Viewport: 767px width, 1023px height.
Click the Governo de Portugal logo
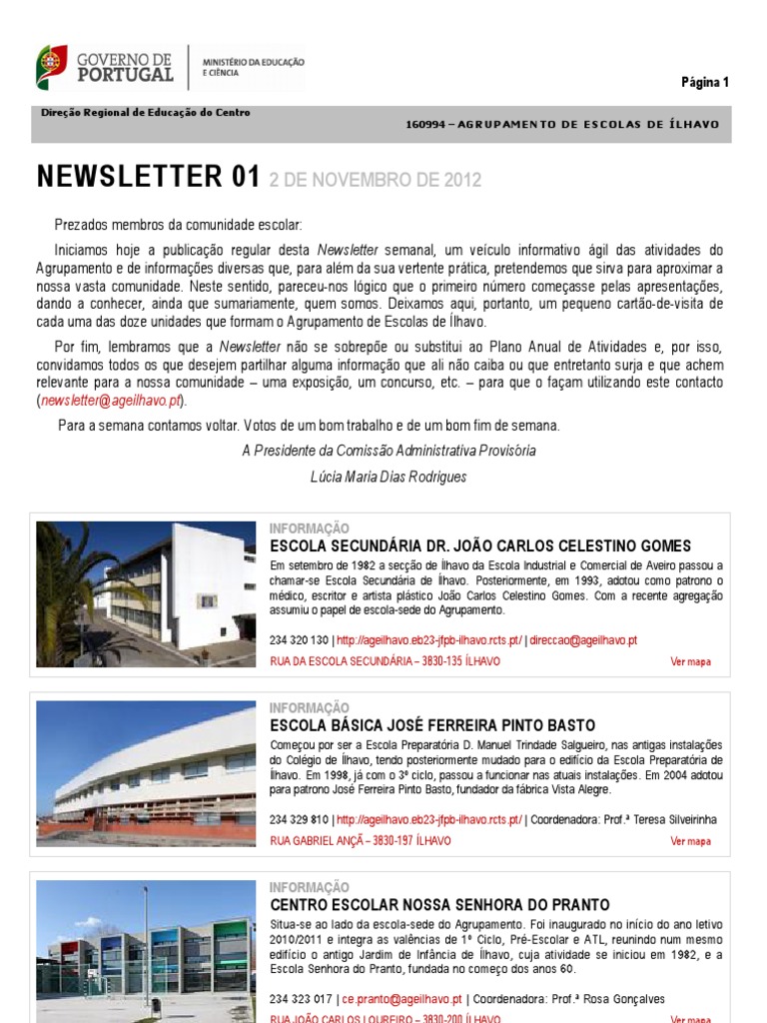(x=105, y=67)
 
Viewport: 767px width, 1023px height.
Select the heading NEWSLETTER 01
(x=148, y=178)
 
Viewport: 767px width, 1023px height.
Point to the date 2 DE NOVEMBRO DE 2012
(x=376, y=181)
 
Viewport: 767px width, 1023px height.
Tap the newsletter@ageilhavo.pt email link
(x=111, y=401)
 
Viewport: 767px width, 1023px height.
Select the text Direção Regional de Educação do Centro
(x=146, y=113)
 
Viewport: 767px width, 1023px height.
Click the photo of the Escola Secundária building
(x=146, y=593)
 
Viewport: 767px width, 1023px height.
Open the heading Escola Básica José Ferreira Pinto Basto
(x=432, y=725)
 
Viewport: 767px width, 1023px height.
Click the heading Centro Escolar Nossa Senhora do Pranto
(x=439, y=905)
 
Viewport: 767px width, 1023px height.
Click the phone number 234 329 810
(x=300, y=820)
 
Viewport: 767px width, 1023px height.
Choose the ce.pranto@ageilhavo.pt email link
(x=402, y=999)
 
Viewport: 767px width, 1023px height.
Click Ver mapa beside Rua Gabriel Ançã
(x=690, y=841)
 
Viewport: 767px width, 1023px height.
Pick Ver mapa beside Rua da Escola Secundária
(x=690, y=661)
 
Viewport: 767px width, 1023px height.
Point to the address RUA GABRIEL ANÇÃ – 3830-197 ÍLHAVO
(x=361, y=841)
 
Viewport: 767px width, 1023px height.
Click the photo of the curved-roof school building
(x=146, y=773)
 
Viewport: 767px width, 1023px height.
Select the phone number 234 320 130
(x=300, y=640)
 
